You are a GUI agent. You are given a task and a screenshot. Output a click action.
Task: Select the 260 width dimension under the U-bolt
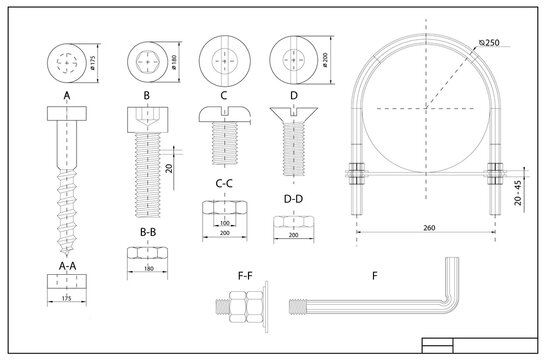(x=429, y=229)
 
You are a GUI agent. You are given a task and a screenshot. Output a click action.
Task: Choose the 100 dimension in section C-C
(x=225, y=221)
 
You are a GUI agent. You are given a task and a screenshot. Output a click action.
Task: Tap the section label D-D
(x=294, y=201)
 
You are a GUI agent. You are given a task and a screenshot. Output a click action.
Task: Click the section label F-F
(x=243, y=273)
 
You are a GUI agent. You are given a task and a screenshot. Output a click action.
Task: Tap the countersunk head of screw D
(x=294, y=112)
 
